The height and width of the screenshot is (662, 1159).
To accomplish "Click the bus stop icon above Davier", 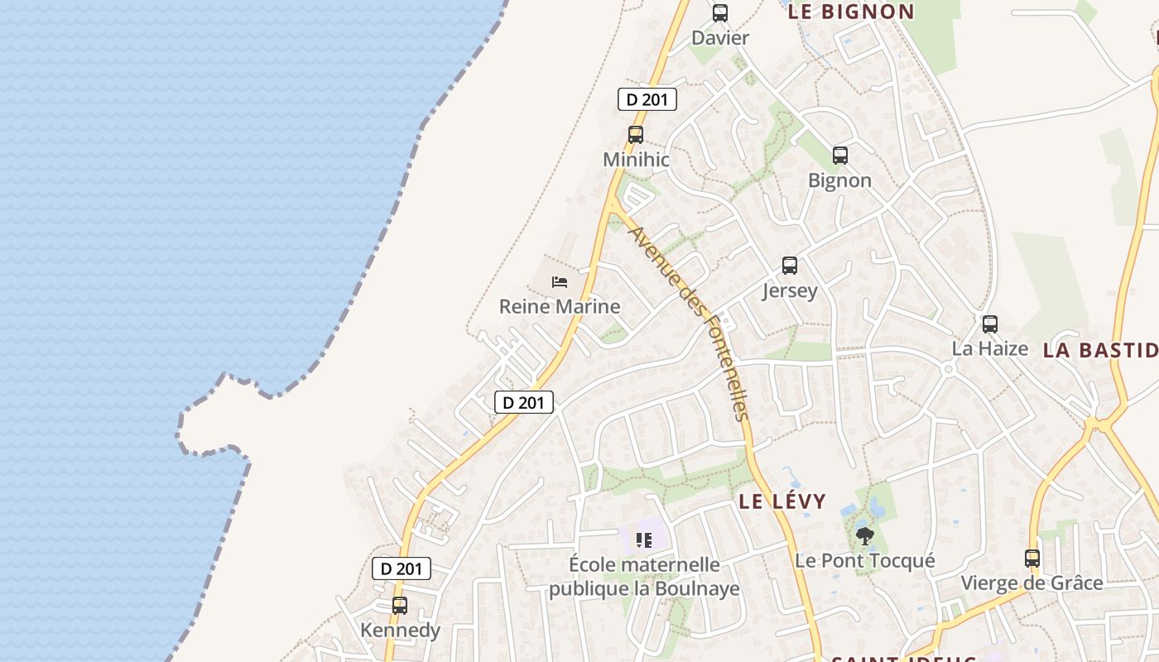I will (x=720, y=13).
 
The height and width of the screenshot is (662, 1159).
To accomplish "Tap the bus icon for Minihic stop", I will (x=636, y=134).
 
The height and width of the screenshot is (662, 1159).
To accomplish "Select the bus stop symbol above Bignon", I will (x=840, y=155).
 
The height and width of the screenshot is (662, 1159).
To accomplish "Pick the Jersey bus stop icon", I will (x=790, y=266).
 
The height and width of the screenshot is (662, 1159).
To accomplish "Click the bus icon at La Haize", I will (x=990, y=324).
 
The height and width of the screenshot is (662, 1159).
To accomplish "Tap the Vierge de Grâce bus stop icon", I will (x=1032, y=558).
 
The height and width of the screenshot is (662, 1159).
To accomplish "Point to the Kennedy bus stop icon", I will (x=400, y=605).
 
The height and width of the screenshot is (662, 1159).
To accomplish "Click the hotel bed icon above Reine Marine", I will (x=560, y=282).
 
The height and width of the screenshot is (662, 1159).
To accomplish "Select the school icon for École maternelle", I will (x=644, y=540).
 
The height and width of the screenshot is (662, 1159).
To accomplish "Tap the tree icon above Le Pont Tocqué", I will (x=865, y=535).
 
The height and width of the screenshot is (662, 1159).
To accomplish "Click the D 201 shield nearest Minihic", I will (x=647, y=99).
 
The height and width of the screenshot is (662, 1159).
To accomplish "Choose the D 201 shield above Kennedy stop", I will (x=402, y=568).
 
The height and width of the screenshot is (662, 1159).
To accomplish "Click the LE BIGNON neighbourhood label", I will (x=851, y=12).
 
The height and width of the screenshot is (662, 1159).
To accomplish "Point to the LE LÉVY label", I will (x=782, y=501).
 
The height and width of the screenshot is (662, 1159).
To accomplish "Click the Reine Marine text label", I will (x=560, y=307).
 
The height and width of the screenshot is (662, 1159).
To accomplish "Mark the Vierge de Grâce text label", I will (x=1032, y=583).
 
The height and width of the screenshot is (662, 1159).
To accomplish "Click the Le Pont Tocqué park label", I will (x=865, y=561).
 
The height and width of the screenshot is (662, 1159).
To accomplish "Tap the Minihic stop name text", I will (x=636, y=160).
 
